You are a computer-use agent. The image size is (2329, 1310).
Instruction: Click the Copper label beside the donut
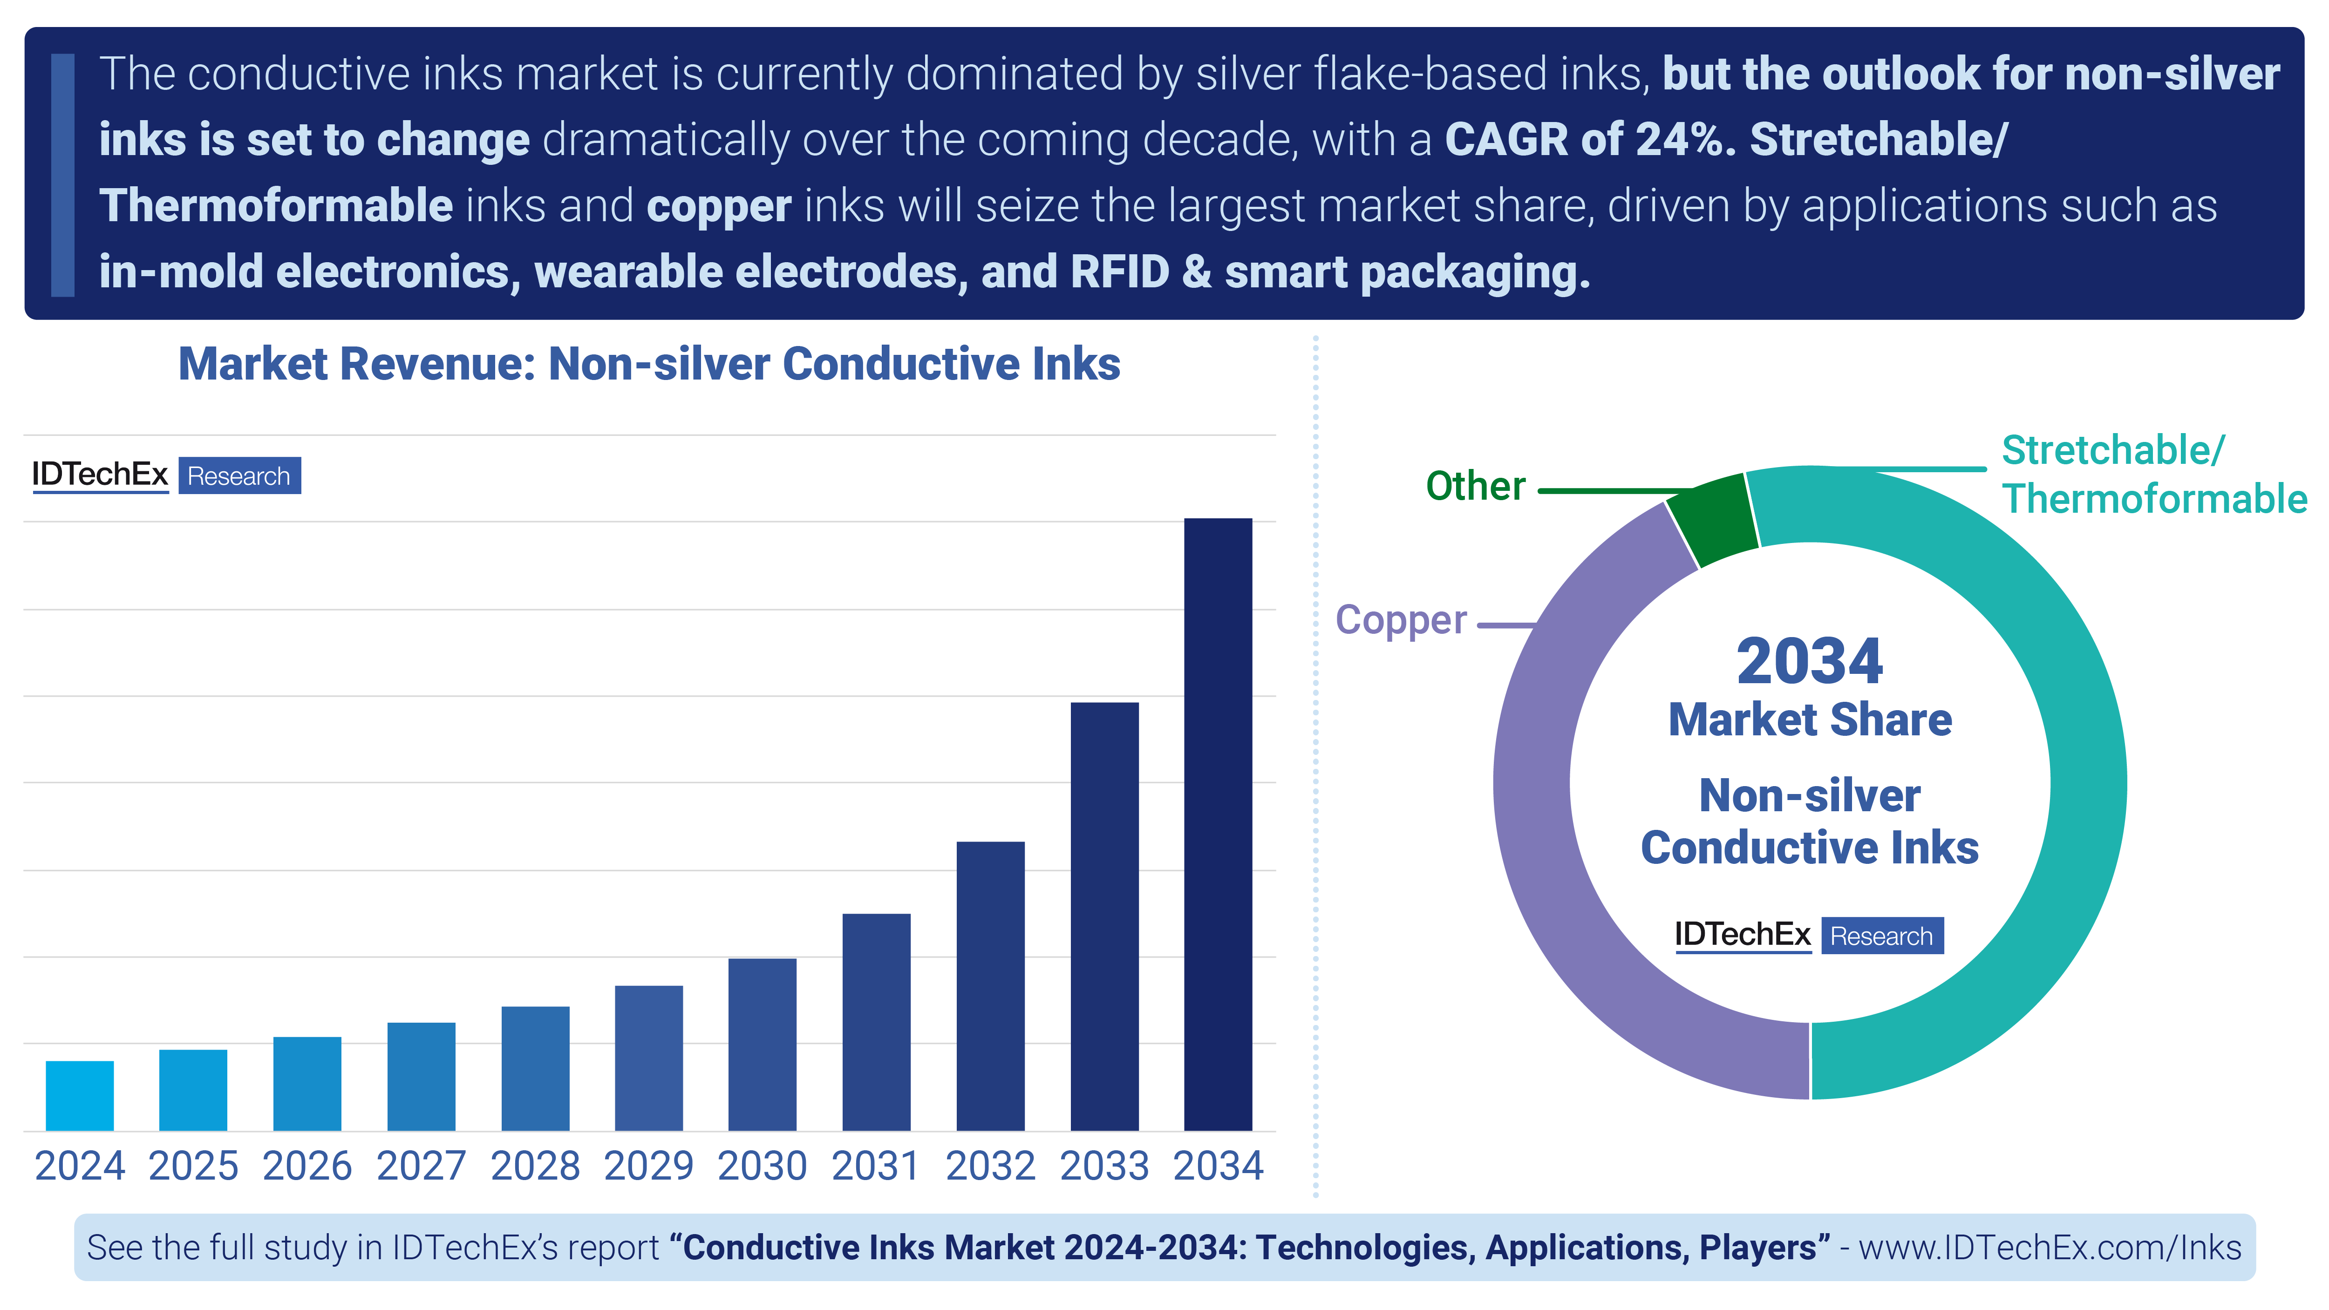[x=1401, y=620]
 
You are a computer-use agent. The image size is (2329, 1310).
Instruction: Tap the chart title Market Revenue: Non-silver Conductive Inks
[x=649, y=364]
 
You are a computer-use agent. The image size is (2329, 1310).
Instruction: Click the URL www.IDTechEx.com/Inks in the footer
[x=2050, y=1248]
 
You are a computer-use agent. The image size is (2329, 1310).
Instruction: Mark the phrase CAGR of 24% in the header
[x=1588, y=140]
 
